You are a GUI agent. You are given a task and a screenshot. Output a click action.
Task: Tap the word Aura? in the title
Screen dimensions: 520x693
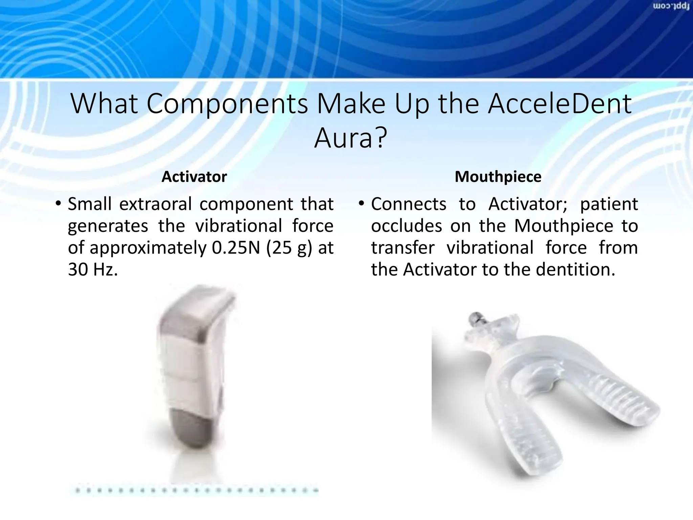(x=350, y=138)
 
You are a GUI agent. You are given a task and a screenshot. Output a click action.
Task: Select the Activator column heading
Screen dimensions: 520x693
(x=194, y=177)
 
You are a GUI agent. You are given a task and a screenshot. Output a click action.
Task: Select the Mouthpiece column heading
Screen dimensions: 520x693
(x=498, y=177)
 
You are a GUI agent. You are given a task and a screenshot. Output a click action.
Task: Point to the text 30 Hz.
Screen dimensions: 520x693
(x=93, y=270)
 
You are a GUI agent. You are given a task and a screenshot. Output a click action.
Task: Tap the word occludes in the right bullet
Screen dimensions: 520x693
(x=406, y=226)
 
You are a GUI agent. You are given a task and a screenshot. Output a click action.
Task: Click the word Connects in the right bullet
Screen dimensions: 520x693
(x=408, y=204)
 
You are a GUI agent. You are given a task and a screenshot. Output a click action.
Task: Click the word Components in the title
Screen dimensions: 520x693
(x=227, y=104)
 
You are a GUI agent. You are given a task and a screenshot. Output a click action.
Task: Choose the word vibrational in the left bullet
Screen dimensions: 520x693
(x=239, y=226)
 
